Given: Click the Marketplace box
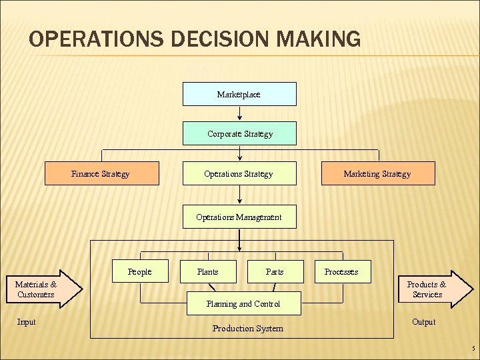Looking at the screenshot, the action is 239,94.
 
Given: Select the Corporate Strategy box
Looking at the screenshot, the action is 239,134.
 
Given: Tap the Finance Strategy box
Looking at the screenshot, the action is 101,173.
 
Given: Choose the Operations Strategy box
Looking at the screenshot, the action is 239,173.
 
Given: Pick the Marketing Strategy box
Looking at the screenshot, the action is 378,173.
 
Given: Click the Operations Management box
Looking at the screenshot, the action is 239,217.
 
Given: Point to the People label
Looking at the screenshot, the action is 140,271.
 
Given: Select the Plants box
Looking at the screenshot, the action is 208,271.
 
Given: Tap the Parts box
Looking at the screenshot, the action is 275,271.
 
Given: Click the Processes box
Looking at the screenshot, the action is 342,271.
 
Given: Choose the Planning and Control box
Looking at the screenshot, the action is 243,303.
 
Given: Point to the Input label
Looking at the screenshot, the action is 26,322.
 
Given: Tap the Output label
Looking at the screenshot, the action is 423,322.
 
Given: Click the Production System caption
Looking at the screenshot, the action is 248,328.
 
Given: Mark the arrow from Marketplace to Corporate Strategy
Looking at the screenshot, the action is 240,114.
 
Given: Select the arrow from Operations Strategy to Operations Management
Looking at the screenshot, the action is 240,195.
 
